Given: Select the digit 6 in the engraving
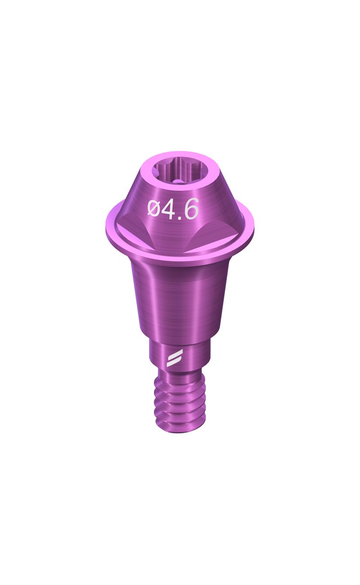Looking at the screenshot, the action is [192, 209].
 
